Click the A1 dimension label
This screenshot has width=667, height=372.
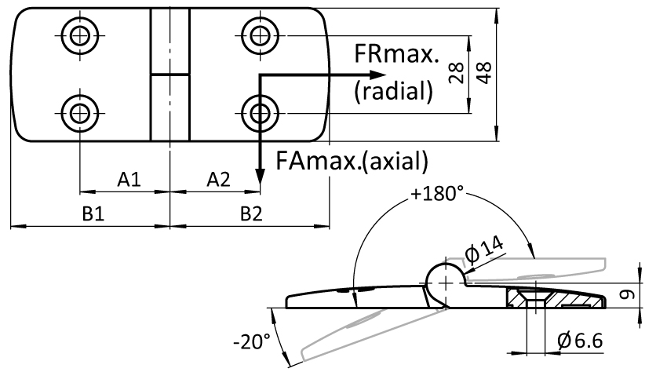tap(129, 180)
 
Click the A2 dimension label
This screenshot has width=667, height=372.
tap(219, 180)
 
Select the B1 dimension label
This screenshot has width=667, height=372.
tap(93, 213)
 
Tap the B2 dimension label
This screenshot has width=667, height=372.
tap(251, 213)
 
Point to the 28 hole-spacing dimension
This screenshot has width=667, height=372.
tap(456, 73)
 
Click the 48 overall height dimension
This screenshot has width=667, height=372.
tap(483, 73)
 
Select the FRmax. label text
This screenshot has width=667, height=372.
tap(396, 54)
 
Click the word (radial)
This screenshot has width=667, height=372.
tap(393, 91)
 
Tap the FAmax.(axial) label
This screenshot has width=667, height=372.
tap(352, 161)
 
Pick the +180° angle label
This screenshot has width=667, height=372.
tap(437, 194)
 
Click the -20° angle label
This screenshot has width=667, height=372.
tap(252, 341)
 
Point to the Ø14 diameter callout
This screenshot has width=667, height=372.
tap(484, 249)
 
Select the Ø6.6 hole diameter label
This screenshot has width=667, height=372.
tap(580, 341)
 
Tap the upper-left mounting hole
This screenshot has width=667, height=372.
tap(79, 35)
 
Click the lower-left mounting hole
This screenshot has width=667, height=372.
tap(79, 114)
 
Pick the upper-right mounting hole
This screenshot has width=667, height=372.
tap(260, 35)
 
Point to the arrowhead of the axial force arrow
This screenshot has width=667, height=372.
tap(260, 177)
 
